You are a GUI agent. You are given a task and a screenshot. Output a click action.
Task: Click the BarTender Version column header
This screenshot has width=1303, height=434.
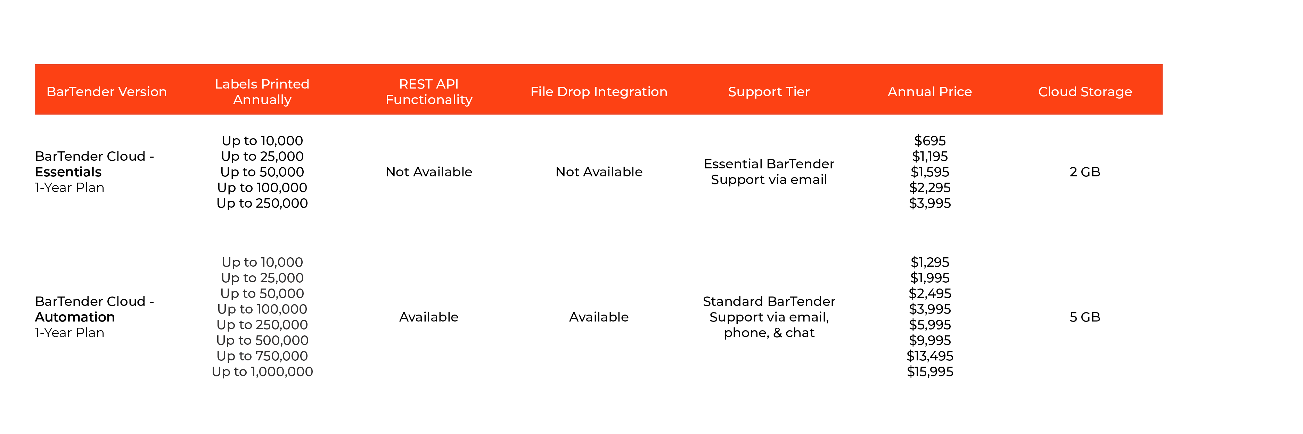tap(106, 91)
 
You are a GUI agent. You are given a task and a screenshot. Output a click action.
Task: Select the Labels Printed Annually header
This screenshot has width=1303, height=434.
tap(262, 91)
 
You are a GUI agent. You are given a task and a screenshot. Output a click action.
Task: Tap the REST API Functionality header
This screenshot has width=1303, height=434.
tap(428, 91)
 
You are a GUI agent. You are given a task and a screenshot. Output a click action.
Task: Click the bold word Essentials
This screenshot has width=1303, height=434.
tap(68, 172)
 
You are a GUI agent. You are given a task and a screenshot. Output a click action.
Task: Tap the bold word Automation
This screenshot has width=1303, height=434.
tap(75, 317)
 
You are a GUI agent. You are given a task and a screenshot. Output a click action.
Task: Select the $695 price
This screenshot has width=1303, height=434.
tap(930, 141)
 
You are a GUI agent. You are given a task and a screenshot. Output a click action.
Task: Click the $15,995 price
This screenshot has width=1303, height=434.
tap(930, 372)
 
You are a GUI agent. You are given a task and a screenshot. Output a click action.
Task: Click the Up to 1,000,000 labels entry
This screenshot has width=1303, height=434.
tap(262, 372)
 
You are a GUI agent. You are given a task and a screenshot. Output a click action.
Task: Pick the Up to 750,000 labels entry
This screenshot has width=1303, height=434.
tap(262, 356)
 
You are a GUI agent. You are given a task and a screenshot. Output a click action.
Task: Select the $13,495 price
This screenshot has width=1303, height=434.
tap(930, 356)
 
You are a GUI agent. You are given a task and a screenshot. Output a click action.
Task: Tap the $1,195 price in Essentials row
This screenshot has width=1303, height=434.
tap(930, 156)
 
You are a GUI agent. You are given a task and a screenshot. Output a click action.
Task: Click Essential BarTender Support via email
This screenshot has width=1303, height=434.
tap(769, 172)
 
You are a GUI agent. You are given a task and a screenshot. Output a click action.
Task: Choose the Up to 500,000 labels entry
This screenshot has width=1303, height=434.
tap(262, 340)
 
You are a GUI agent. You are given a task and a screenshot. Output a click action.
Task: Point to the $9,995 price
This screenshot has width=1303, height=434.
tap(930, 340)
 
